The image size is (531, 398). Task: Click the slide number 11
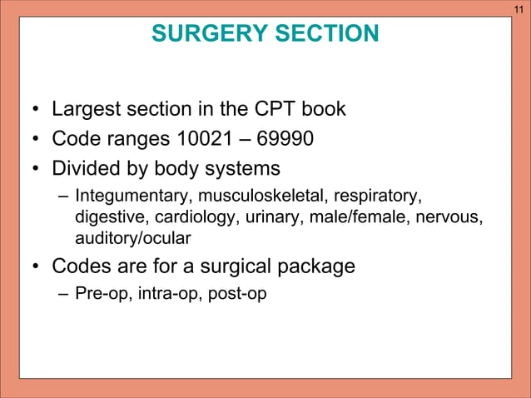[x=519, y=8]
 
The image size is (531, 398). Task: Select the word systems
[x=242, y=169]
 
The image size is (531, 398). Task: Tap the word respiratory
[x=378, y=197]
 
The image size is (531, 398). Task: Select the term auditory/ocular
[x=133, y=239]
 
